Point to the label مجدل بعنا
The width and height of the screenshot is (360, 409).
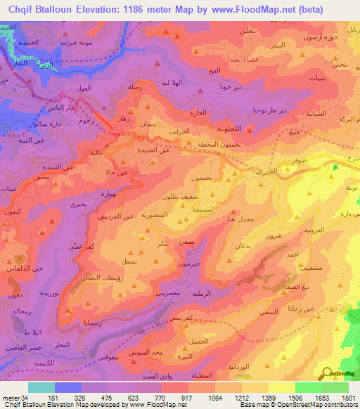(x=243, y=220)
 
